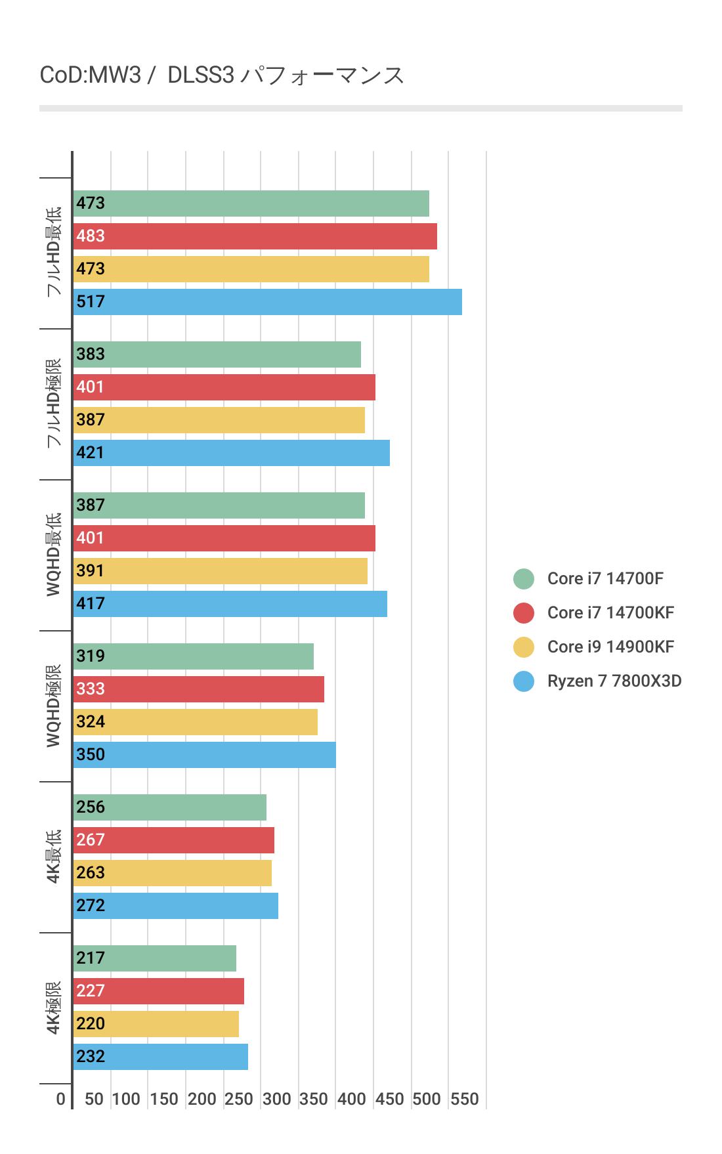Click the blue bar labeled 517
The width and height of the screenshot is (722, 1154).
267,302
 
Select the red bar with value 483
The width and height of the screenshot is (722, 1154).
255,236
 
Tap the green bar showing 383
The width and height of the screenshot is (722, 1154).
217,354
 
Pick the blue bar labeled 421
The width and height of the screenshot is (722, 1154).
231,453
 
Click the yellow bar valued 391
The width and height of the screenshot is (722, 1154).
220,571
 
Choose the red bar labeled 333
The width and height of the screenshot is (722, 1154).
198,689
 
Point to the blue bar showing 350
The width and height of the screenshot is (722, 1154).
204,755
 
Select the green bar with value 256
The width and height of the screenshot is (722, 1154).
169,807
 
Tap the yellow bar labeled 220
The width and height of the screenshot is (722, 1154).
156,1024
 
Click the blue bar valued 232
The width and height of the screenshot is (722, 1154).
160,1057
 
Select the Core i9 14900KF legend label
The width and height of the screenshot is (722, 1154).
610,647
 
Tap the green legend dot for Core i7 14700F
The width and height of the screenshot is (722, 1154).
524,579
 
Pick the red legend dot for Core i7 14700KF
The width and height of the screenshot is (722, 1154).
524,613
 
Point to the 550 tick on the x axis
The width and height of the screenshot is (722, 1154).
464,1099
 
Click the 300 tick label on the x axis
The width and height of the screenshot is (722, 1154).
276,1099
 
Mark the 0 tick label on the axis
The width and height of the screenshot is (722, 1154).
61,1099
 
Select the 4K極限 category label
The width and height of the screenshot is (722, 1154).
54,1008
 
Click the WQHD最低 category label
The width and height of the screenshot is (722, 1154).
54,555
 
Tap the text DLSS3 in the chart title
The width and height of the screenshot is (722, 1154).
201,75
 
